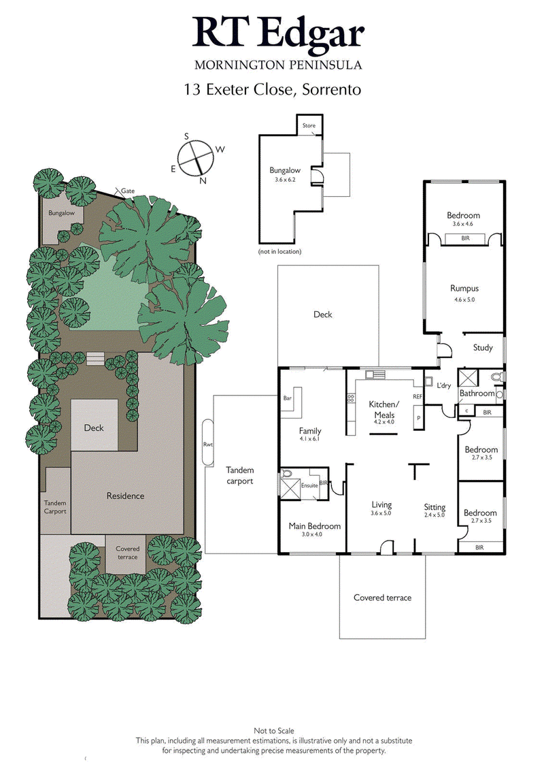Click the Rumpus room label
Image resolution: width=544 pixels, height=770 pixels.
(x=464, y=289)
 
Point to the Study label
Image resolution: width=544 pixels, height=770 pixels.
(x=483, y=348)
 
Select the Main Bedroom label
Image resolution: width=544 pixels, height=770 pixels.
(x=315, y=526)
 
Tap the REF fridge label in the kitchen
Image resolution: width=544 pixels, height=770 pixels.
(x=417, y=396)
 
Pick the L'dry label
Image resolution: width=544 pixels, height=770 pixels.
(x=444, y=386)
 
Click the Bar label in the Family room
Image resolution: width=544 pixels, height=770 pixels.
(x=287, y=398)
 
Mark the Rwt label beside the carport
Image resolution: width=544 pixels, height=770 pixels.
(x=208, y=446)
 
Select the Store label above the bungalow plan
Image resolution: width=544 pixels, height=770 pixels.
(x=309, y=126)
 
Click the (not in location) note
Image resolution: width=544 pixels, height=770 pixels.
(x=279, y=251)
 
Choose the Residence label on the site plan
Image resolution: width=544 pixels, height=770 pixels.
(x=125, y=496)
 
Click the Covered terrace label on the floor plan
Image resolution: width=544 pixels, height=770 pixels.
(x=382, y=598)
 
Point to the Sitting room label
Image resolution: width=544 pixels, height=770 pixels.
(x=435, y=507)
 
